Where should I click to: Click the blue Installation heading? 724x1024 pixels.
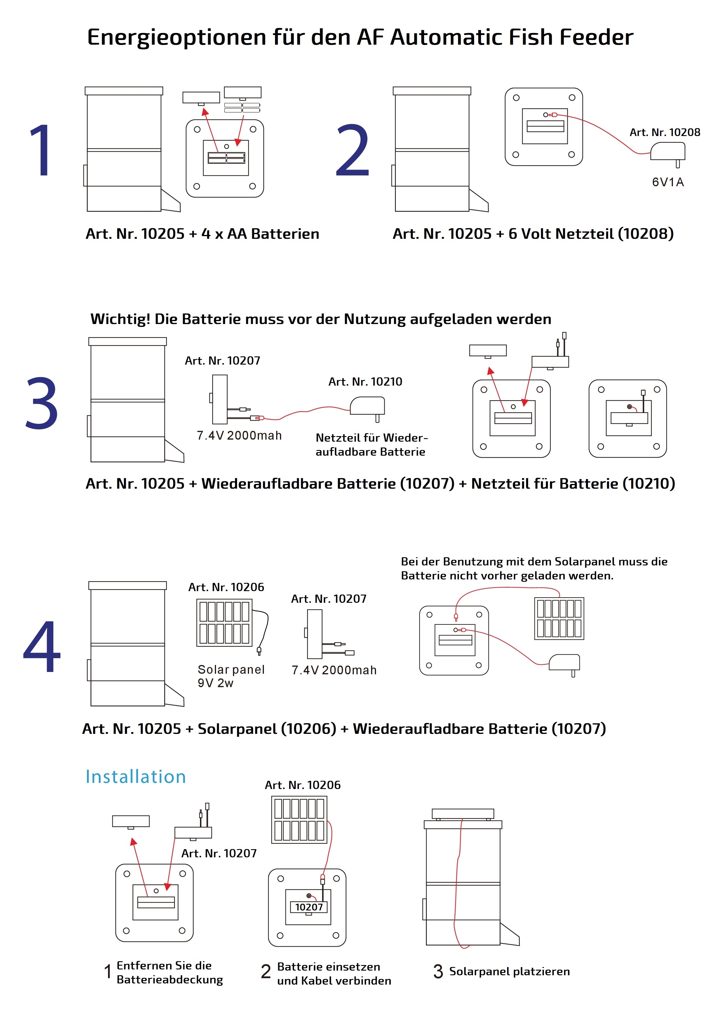pos(136,777)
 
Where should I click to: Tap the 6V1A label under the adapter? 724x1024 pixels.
pos(667,182)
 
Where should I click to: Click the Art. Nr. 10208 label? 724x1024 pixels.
pos(665,133)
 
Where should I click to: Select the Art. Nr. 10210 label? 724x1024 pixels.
pos(365,382)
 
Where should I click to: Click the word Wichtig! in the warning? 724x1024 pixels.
pos(120,319)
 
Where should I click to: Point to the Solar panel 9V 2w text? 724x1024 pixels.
pos(231,676)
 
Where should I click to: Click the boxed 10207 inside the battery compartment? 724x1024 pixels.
pos(309,908)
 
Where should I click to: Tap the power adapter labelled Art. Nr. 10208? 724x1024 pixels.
pos(668,153)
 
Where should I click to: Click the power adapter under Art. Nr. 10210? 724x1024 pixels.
pos(368,407)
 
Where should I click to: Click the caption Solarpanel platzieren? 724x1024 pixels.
pos(509,972)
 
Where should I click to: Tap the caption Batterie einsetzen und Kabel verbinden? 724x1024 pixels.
pos(334,974)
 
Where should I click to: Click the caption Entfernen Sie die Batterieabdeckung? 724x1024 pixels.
pos(170,973)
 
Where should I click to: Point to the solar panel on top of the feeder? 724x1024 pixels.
pos(463,814)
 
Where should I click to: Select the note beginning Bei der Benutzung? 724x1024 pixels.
pos(534,569)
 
